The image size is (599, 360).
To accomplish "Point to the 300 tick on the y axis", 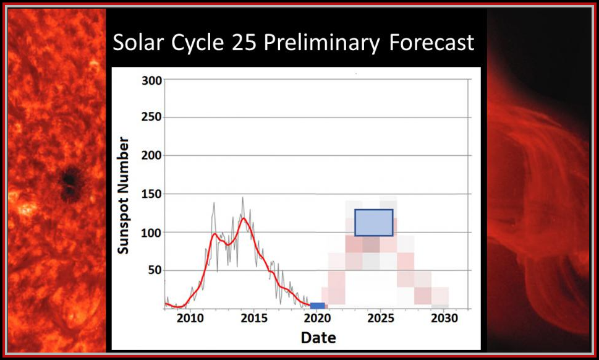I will click(x=151, y=80).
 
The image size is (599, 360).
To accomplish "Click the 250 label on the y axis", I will click(x=151, y=118).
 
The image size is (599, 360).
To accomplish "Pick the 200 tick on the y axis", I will click(x=151, y=156).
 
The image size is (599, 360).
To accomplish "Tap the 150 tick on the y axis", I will click(x=151, y=194).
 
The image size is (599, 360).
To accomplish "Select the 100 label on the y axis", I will click(x=151, y=233).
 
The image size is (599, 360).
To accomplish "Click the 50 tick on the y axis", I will click(x=155, y=270).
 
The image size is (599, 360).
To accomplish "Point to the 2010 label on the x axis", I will click(x=190, y=319).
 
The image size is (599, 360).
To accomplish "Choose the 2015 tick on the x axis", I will click(x=254, y=319).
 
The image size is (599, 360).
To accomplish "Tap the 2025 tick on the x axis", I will click(x=381, y=319).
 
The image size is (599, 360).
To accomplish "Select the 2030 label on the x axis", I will click(x=444, y=319).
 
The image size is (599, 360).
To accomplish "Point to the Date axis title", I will click(x=318, y=338).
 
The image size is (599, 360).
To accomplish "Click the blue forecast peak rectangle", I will click(x=373, y=223).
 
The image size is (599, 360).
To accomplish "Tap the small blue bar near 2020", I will click(x=317, y=306).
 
